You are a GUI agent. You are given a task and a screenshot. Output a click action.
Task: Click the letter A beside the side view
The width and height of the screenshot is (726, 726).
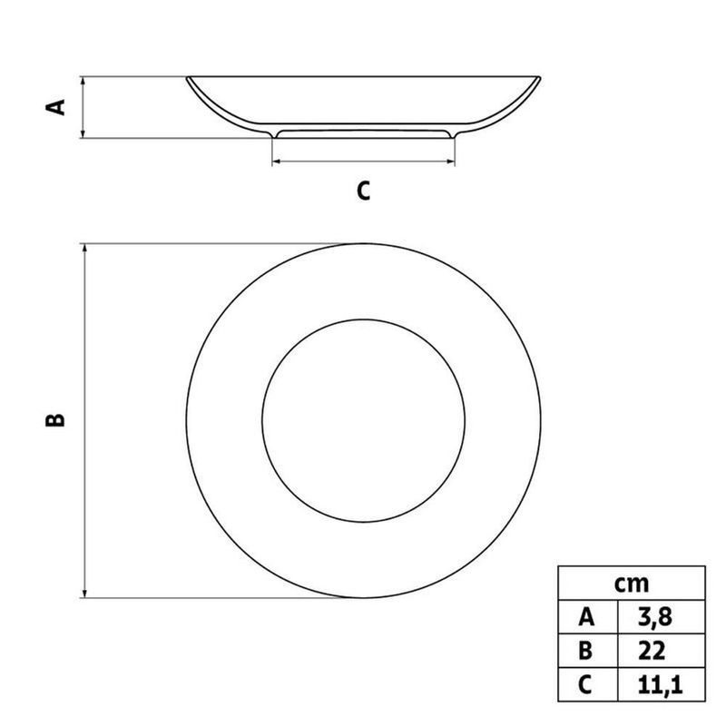(x=57, y=107)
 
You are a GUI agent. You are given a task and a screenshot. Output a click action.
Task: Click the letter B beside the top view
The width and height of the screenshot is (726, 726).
(x=56, y=420)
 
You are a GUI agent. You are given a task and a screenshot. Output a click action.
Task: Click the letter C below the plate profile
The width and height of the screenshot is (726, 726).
(x=363, y=191)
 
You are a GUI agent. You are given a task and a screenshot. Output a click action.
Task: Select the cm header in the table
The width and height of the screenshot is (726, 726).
(x=632, y=584)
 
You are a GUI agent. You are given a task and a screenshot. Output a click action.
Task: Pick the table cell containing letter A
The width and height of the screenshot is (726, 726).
(x=587, y=618)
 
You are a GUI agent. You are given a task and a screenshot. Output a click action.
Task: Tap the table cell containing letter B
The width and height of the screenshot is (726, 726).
(x=587, y=651)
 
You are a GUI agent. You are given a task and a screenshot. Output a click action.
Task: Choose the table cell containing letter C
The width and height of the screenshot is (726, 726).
(x=587, y=683)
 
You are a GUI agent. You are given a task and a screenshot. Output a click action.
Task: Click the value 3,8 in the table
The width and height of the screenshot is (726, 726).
(x=660, y=618)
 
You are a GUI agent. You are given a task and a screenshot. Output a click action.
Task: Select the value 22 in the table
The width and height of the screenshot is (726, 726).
(x=660, y=651)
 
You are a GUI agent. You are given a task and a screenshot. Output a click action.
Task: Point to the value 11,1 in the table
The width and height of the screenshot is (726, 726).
(x=660, y=683)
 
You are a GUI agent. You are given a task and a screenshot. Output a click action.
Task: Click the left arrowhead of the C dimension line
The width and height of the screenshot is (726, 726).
(x=275, y=162)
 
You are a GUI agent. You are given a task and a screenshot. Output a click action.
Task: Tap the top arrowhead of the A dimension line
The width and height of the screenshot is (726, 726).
(x=83, y=80)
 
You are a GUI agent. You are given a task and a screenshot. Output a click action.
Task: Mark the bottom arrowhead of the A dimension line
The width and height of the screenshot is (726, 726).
(x=83, y=135)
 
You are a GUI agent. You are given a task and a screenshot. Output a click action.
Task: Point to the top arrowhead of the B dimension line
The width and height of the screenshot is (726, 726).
(x=83, y=247)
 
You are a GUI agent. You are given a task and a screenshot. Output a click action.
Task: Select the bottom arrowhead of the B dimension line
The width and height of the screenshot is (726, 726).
(x=83, y=595)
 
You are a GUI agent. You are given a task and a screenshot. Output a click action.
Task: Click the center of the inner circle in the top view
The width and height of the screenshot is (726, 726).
(x=363, y=421)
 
